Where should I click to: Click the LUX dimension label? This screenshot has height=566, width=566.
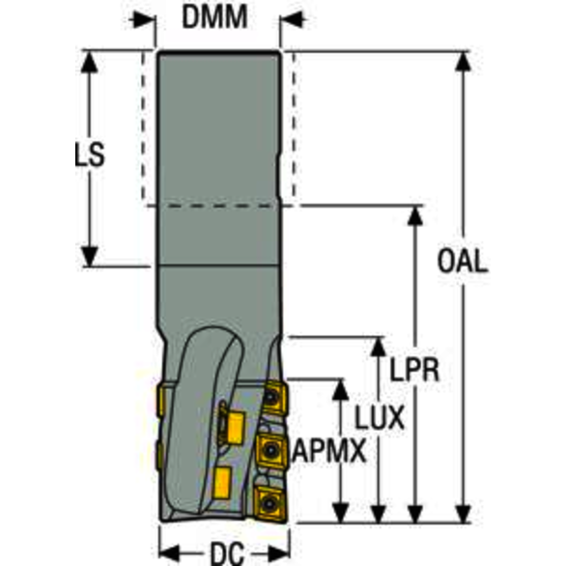379,416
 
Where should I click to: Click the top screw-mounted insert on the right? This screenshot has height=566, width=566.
273,396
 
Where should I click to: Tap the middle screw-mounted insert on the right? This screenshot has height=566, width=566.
270,447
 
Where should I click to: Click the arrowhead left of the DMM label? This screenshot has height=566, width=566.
145,17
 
